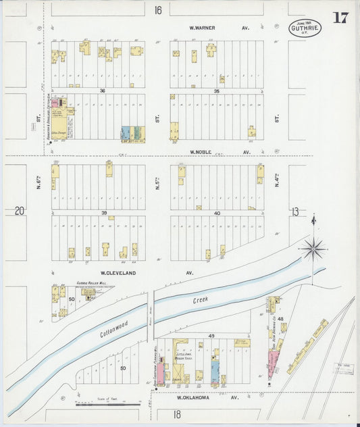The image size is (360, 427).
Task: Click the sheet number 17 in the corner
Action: pos(340,17)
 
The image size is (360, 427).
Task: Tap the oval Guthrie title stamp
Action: pos(305,28)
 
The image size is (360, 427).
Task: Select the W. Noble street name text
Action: pos(201,152)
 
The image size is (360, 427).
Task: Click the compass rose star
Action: pos(313,249)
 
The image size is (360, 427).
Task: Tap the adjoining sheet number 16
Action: pos(158,10)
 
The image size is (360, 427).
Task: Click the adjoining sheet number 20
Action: pos(20,211)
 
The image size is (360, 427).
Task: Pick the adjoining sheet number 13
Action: pos(295,211)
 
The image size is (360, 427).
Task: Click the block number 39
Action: pos(105,212)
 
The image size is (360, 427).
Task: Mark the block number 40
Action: pos(217,213)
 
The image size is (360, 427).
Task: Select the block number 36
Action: pos(103,91)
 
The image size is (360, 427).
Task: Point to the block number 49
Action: pos(211,336)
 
